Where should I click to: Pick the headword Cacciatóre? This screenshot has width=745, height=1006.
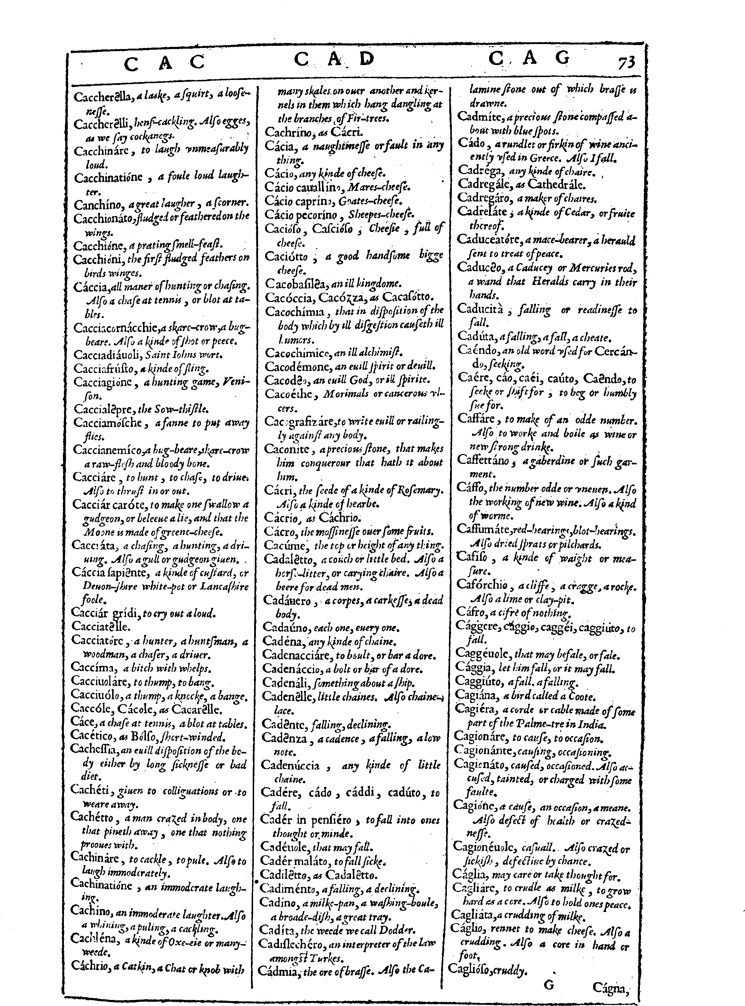(x=98, y=641)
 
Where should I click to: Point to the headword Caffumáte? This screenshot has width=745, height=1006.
(x=483, y=529)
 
